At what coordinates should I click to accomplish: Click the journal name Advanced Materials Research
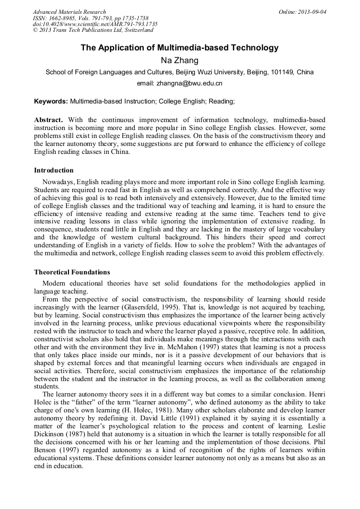[69, 12]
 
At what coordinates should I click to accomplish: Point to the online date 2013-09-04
[310, 12]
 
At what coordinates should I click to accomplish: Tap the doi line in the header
[95, 24]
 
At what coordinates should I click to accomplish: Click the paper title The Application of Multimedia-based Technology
[179, 48]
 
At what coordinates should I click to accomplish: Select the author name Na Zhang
[179, 60]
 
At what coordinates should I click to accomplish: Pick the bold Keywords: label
[51, 101]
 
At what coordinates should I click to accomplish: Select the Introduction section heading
[54, 170]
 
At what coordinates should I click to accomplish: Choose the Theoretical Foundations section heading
[72, 272]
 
